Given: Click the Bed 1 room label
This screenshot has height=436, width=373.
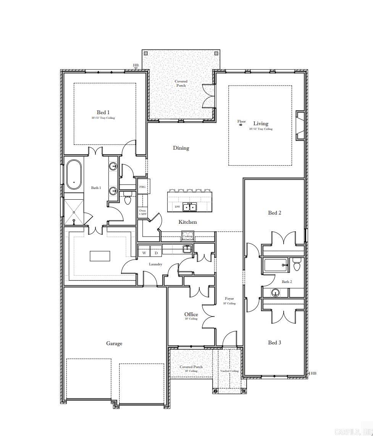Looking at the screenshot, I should coord(103,112).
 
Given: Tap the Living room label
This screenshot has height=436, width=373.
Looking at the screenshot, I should coord(261,123).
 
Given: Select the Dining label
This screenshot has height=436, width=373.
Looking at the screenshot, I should coord(181,148).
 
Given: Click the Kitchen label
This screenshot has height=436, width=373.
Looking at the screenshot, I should coord(188,222).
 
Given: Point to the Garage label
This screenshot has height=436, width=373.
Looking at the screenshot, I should coord(114,343).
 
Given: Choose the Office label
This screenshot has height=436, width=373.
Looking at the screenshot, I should coord(191,314).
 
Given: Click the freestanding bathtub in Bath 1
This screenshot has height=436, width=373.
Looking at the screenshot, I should coord(74,175).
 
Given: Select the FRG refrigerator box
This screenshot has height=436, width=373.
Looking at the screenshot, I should coord(142,187).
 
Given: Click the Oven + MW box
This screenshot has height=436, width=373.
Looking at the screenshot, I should coord(142,212).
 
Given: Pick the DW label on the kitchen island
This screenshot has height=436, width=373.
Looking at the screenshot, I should coord(177,207).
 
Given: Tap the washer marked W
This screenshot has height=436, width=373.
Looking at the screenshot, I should coord(144,253).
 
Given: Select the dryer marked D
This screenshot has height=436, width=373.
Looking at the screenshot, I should coord(156,253).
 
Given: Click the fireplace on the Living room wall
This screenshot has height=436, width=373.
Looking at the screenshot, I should coord(300,126).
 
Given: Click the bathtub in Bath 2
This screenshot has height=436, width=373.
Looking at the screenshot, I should coord(275,265).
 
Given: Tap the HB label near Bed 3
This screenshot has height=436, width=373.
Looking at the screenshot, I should coord(313,373).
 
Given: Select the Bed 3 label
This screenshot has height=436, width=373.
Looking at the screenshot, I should coord(274,342).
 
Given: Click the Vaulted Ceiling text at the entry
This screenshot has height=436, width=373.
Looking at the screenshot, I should coord(229,371).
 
